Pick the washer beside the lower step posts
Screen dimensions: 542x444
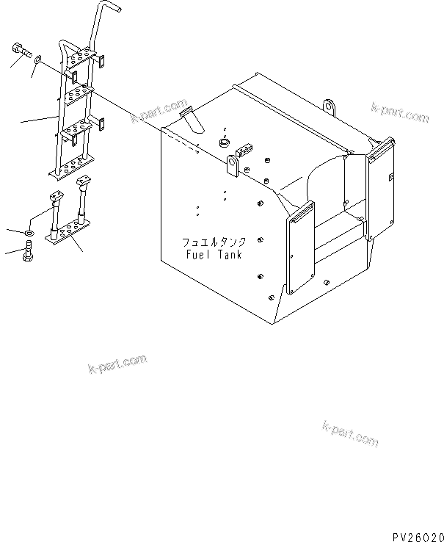(x=28, y=234)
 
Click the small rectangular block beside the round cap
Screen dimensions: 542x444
(x=242, y=151)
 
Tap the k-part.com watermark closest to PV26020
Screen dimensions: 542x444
(x=350, y=433)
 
